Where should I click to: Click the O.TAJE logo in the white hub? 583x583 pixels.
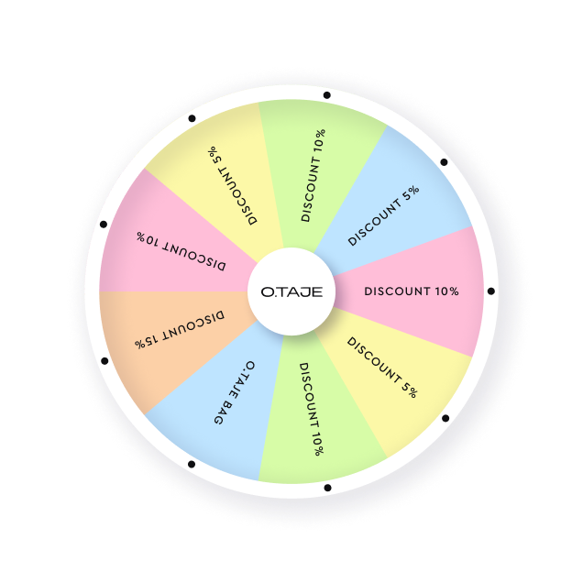point(291,291)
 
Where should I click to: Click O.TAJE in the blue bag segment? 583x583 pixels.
point(243,378)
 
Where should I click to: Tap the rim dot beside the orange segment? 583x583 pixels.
point(104,360)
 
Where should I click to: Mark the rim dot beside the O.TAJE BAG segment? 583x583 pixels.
point(192,464)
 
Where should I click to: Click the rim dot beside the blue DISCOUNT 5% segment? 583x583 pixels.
point(444,162)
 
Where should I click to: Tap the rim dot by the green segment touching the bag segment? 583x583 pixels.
point(327,488)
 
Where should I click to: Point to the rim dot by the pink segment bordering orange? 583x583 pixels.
point(104,225)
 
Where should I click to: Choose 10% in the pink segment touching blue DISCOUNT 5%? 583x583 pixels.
point(446,291)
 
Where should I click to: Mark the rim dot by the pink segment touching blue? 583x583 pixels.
point(491,291)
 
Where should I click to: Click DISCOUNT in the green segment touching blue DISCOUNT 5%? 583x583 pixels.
point(311,189)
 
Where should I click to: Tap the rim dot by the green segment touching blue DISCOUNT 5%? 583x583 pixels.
point(327,95)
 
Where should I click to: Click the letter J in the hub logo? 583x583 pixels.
point(302,292)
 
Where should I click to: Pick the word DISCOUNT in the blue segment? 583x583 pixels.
point(375,223)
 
